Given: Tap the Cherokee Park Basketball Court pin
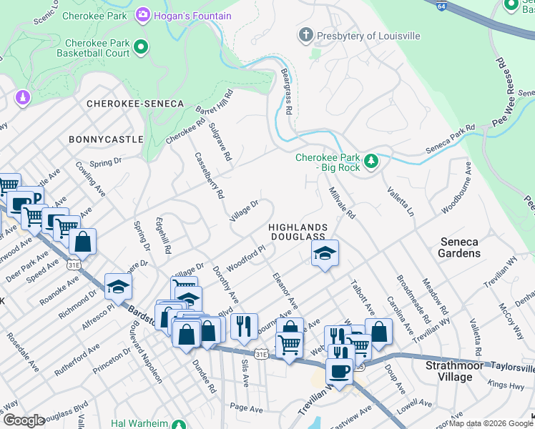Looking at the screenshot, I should click(141, 48).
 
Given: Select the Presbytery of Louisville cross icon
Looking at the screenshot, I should click(306, 35).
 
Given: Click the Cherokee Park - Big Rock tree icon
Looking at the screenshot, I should click(370, 162).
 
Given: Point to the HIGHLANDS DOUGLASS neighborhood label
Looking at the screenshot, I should click(297, 232).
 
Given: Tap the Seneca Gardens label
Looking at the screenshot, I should click(459, 247).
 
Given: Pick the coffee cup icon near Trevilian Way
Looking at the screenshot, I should click(339, 371).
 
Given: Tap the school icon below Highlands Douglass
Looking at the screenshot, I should click(325, 252).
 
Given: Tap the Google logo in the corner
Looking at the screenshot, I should click(23, 420).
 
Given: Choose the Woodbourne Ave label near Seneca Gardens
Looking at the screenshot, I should click(456, 189).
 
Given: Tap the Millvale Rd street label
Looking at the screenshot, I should click(342, 203).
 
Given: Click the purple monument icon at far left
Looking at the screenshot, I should click(22, 97).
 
